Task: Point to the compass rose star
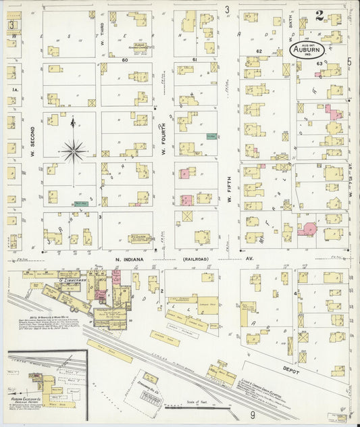pos(73,149)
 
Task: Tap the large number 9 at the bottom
pos(253,416)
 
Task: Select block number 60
pos(124,60)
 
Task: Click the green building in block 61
pos(211,136)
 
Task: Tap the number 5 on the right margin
pos(349,62)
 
